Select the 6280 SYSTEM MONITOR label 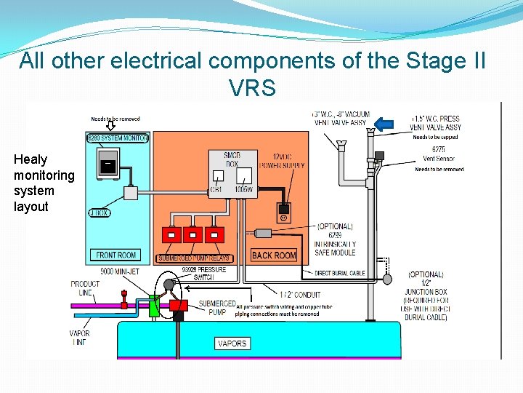[x=117, y=138]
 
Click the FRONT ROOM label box [x=116, y=255]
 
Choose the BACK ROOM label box [x=274, y=255]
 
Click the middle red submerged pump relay [x=192, y=235]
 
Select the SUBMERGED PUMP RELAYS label [x=193, y=258]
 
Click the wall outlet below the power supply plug [x=284, y=215]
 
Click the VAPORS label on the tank [x=232, y=343]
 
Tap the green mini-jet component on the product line [x=154, y=306]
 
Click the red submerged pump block [x=178, y=306]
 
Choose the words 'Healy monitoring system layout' [x=44, y=183]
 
